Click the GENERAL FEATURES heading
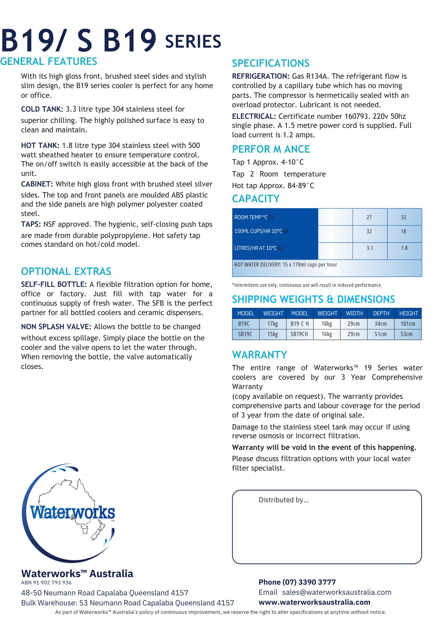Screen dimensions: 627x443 [49, 61]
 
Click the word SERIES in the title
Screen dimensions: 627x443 [193, 42]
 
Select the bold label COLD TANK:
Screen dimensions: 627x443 [42, 109]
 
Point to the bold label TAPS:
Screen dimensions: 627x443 [31, 224]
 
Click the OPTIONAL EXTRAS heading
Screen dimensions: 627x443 [66, 271]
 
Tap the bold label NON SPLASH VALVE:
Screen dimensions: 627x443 [56, 327]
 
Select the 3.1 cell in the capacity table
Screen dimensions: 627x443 [370, 248]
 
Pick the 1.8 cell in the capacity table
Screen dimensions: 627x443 [404, 248]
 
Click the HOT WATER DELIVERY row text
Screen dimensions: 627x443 [285, 265]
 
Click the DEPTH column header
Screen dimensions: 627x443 [381, 313]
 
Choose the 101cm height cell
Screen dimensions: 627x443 [408, 324]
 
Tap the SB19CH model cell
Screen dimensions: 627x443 [299, 334]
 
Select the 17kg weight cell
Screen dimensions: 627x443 [273, 324]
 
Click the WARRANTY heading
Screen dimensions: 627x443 [259, 355]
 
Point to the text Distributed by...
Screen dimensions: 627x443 [284, 500]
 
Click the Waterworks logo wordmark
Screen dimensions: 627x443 [72, 513]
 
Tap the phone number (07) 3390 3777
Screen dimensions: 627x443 [309, 582]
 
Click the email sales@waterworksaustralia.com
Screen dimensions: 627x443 [336, 592]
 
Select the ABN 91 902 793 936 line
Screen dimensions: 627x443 [46, 582]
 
